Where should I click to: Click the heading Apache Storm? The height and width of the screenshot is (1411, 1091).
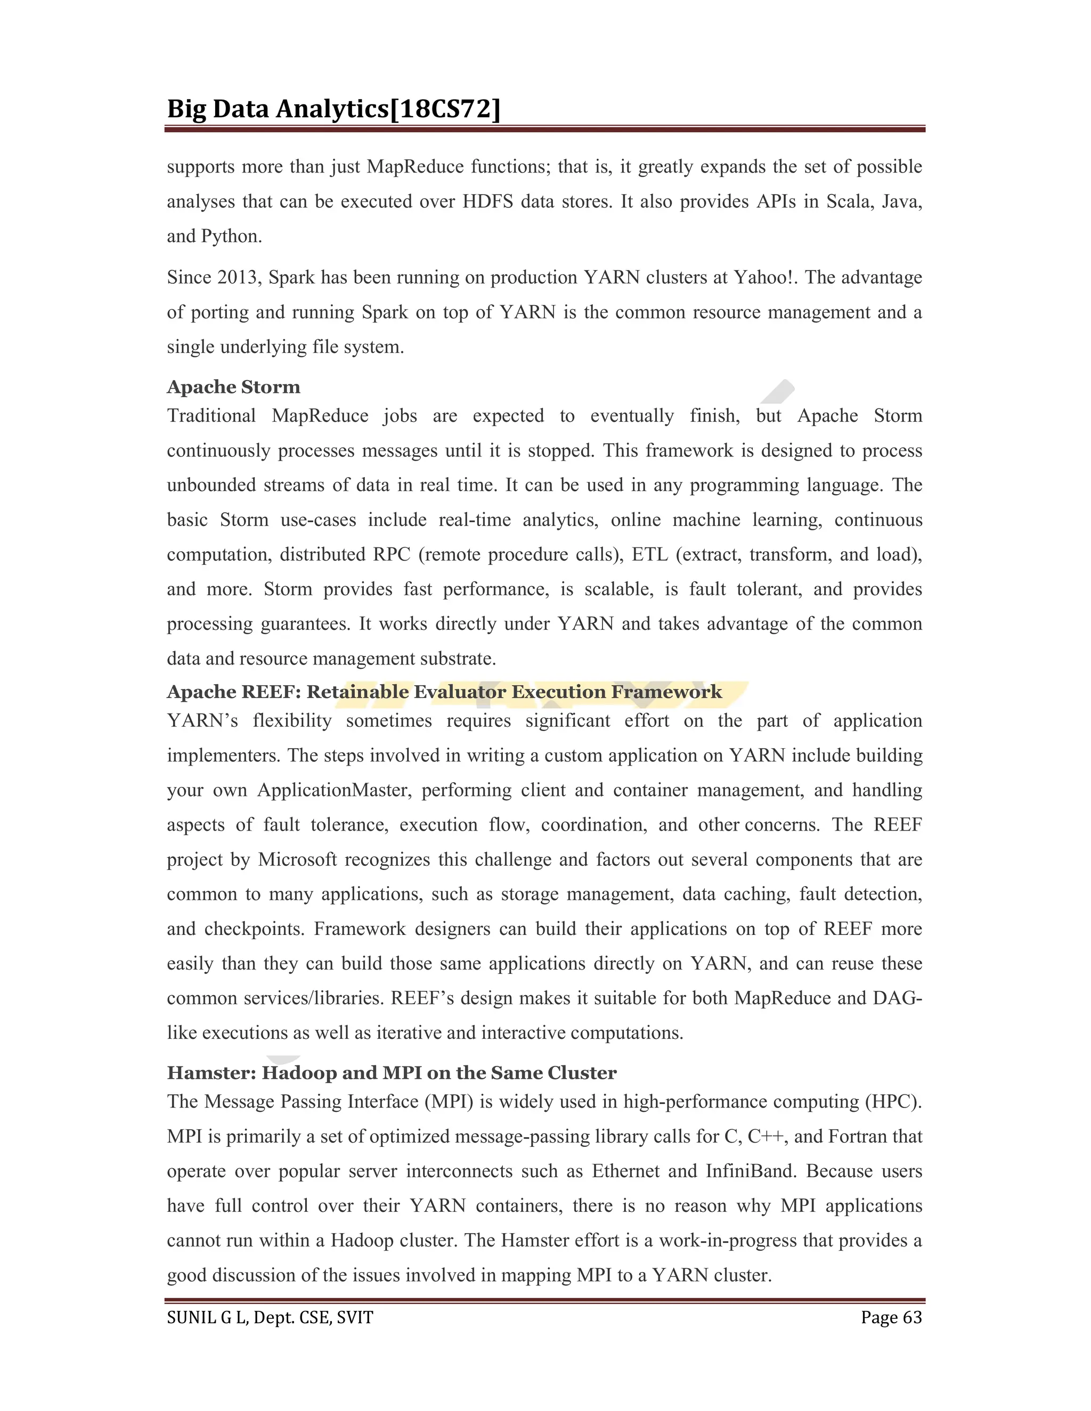tap(233, 387)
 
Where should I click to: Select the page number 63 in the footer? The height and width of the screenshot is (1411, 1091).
tap(912, 1317)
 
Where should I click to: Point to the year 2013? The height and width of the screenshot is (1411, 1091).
tap(237, 277)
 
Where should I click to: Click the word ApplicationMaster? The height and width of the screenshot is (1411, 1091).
tap(333, 790)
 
